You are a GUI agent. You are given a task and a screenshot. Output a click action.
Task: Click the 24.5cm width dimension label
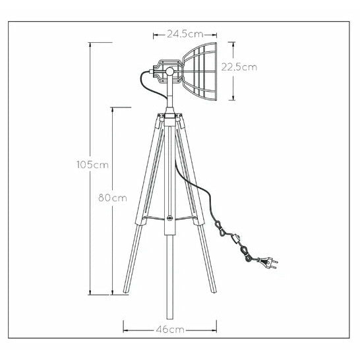(x=185, y=34)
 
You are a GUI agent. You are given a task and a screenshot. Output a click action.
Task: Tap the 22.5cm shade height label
(x=239, y=67)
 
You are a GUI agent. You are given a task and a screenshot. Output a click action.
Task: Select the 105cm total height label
(x=92, y=165)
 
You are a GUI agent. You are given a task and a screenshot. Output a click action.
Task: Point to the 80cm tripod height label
(x=113, y=198)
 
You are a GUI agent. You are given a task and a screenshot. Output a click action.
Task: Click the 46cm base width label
(x=170, y=330)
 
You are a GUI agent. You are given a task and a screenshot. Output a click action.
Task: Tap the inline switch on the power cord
(x=236, y=238)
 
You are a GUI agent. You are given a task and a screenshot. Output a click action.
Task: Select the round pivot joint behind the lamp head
(x=170, y=72)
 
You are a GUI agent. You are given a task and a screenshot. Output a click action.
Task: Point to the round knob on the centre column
(x=170, y=218)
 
